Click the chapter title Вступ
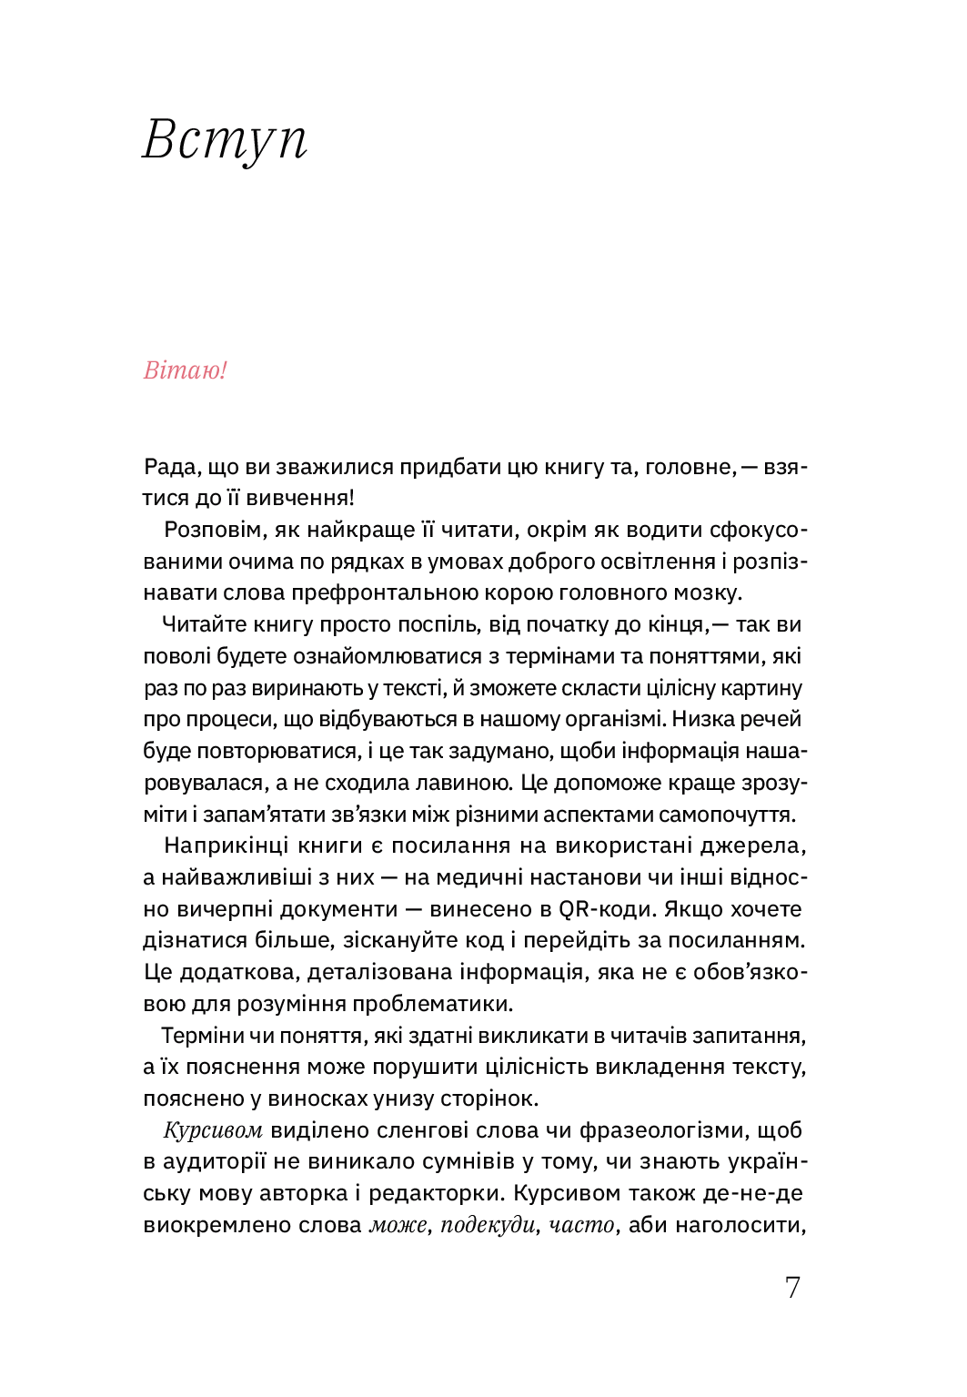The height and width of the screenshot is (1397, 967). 225,141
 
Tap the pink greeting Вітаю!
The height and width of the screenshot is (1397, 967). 185,370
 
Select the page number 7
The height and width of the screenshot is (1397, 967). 792,1287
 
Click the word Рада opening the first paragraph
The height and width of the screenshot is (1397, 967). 170,467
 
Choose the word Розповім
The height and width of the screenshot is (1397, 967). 215,530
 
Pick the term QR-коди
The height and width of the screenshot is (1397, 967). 605,909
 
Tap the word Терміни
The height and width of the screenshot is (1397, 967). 203,1036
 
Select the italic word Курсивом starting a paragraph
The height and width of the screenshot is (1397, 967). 213,1130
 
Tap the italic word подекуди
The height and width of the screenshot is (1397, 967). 488,1225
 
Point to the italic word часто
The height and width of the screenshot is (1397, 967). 581,1225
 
